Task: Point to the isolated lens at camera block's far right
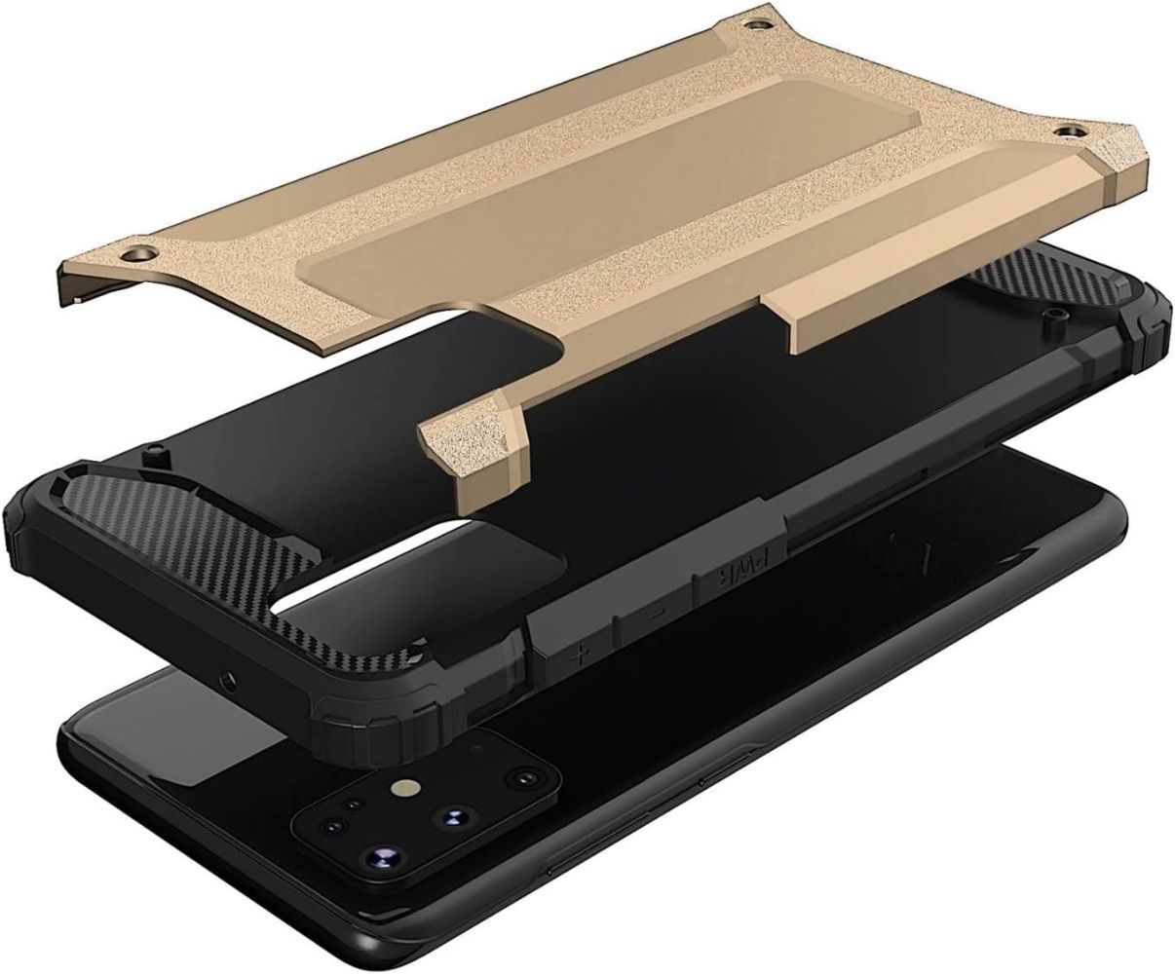526,780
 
